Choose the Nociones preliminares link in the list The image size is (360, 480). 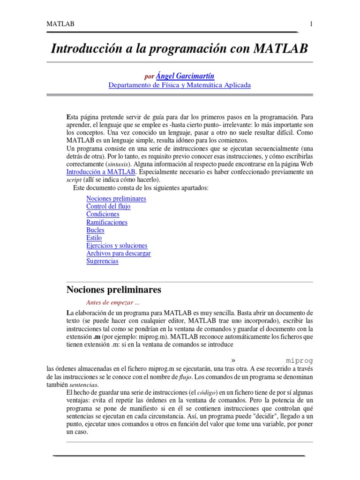coord(116,198)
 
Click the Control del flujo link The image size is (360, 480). coord(108,206)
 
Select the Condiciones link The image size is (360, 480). coord(103,214)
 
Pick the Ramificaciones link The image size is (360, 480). coord(107,222)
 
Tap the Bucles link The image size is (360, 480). coord(95,230)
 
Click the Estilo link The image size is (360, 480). coord(94,238)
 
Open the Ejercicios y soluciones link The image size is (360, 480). coord(117,246)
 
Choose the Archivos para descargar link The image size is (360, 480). coord(119,254)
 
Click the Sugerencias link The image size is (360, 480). coord(102,262)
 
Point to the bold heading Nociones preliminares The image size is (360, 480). coord(114,290)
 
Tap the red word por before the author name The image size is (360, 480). coord(149,76)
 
